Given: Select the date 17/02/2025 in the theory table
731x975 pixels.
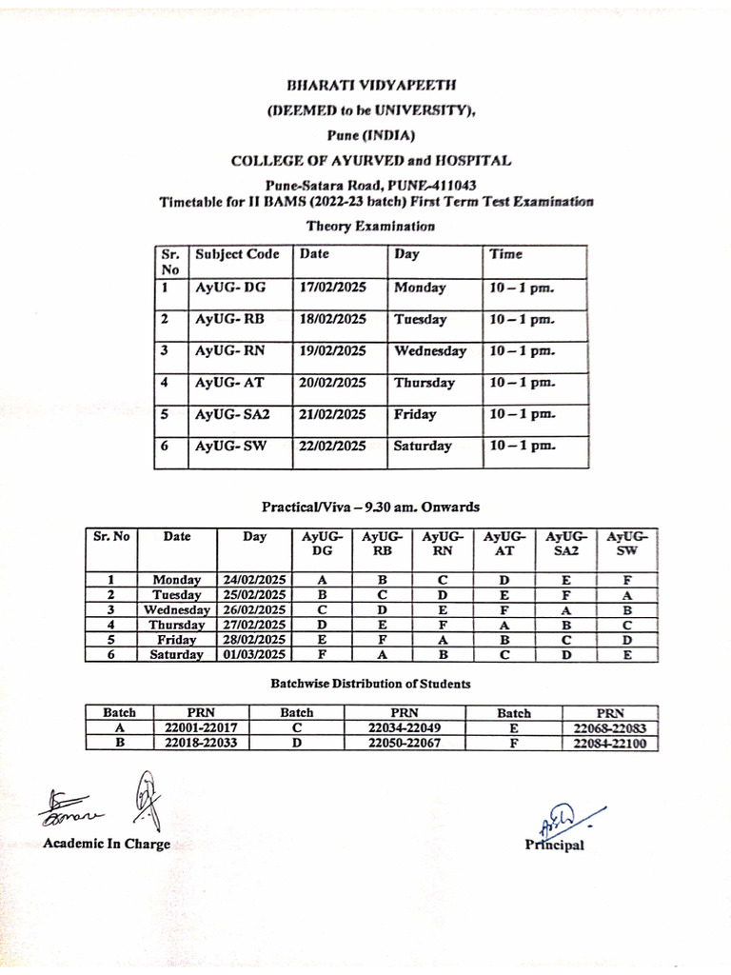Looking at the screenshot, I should pyautogui.click(x=332, y=288).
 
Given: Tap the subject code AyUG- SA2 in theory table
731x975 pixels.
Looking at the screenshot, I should pyautogui.click(x=232, y=415).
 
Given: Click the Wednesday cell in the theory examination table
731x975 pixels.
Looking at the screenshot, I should pyautogui.click(x=429, y=351).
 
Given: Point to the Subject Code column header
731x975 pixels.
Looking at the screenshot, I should pyautogui.click(x=237, y=255).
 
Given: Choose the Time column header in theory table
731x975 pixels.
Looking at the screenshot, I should pyautogui.click(x=505, y=255).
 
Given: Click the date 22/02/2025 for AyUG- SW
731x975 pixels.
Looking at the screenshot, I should pyautogui.click(x=332, y=447).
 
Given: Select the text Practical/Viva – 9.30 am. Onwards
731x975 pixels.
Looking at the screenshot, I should pyautogui.click(x=370, y=507).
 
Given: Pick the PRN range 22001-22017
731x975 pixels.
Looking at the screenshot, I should pyautogui.click(x=202, y=728).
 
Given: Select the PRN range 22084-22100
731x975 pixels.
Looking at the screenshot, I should pyautogui.click(x=610, y=744).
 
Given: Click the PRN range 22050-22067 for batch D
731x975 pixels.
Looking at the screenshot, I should pyautogui.click(x=404, y=744).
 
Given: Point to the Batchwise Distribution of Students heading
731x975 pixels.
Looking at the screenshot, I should pyautogui.click(x=370, y=684).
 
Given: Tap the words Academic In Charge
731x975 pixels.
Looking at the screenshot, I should pyautogui.click(x=107, y=845).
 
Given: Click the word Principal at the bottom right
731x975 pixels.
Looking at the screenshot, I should pyautogui.click(x=554, y=846).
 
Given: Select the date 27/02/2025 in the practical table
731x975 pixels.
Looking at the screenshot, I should pyautogui.click(x=254, y=625).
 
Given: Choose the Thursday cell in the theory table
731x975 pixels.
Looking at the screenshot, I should pyautogui.click(x=425, y=384).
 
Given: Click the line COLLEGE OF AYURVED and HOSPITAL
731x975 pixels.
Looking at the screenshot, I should pyautogui.click(x=370, y=160).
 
